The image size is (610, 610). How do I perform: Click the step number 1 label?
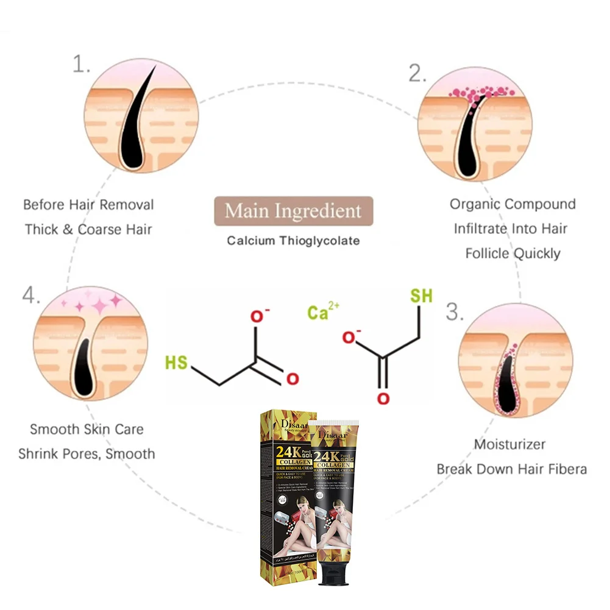tap(81, 65)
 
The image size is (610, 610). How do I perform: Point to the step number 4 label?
tap(31, 296)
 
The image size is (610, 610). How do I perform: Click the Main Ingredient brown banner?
tap(293, 211)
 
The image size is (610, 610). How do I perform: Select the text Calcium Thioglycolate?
tap(293, 241)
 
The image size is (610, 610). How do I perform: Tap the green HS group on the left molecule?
tap(177, 363)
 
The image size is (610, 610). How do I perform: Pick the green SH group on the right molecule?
tap(421, 296)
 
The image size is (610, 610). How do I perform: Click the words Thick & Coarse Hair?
tap(88, 229)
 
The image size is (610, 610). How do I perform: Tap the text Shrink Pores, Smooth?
tap(87, 454)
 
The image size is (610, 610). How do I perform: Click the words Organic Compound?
tap(512, 204)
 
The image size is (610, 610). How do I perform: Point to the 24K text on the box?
tap(286, 452)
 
